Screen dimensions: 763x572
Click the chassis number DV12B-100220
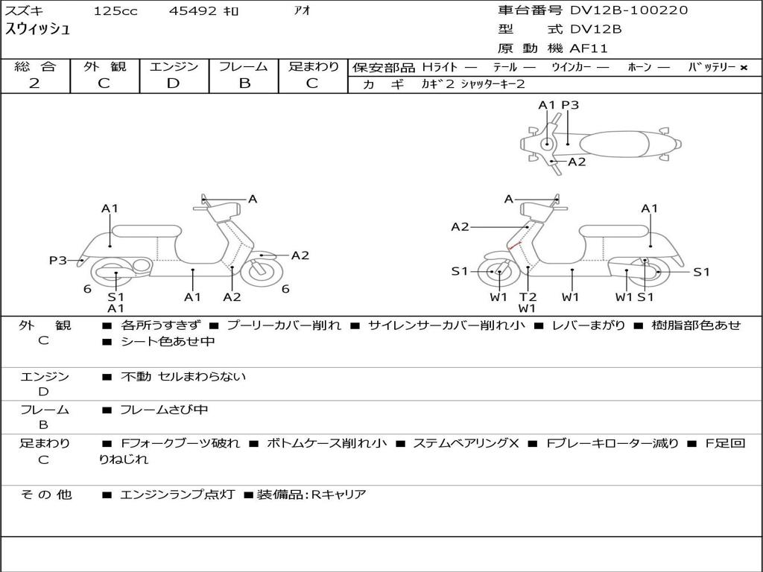[x=629, y=10]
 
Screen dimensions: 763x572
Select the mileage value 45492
[x=193, y=10]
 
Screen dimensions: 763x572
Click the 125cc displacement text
[x=115, y=10]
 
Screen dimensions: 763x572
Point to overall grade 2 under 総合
[x=34, y=83]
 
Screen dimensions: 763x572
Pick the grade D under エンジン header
[x=173, y=83]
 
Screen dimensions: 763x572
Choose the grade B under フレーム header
[x=244, y=83]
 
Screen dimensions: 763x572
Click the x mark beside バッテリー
[x=744, y=68]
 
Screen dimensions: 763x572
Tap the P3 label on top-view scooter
[x=570, y=105]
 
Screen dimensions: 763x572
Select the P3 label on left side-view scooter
[x=58, y=260]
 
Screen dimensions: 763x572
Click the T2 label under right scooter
[x=528, y=296]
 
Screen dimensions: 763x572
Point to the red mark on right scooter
[x=515, y=246]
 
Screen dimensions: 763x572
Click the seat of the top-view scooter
[x=614, y=144]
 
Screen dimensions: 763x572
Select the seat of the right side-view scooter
[x=614, y=232]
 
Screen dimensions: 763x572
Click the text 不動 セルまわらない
[x=183, y=376]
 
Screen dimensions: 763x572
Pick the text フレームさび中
[x=164, y=410]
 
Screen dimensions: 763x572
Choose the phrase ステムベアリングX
[x=466, y=443]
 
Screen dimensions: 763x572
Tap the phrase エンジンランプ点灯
[x=177, y=495]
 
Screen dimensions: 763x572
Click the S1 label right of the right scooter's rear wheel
[x=701, y=272]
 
